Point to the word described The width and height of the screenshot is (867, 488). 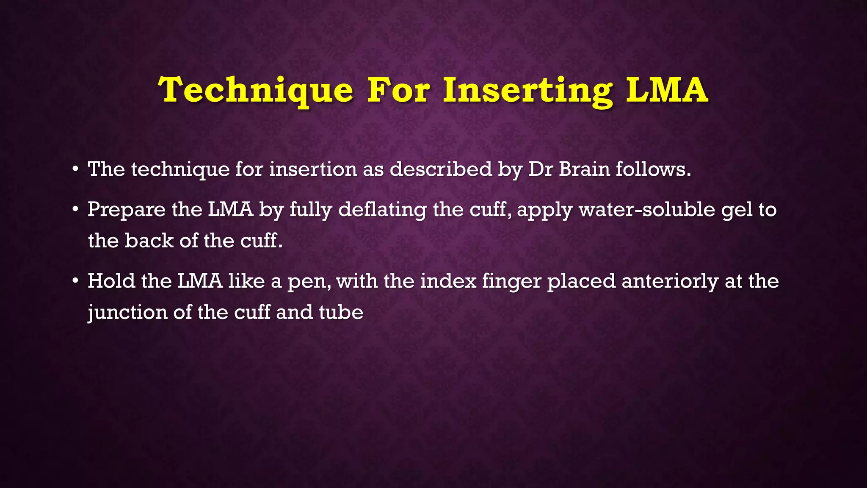[x=441, y=169]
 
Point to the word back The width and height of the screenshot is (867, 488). [x=149, y=241]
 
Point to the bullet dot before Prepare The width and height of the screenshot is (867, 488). [x=75, y=210]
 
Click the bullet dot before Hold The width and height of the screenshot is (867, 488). [x=75, y=281]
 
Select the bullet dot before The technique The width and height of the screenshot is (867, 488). [x=75, y=169]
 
